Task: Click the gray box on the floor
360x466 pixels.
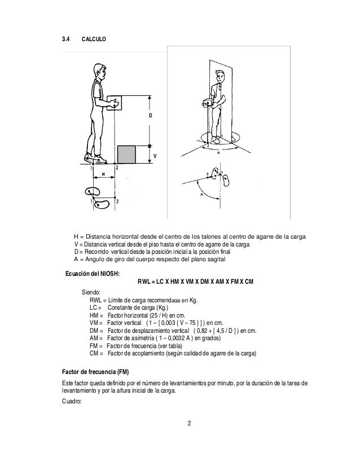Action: point(126,154)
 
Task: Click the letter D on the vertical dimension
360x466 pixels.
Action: point(150,115)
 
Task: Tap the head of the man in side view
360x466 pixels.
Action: point(99,73)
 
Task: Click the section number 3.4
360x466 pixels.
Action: point(65,40)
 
